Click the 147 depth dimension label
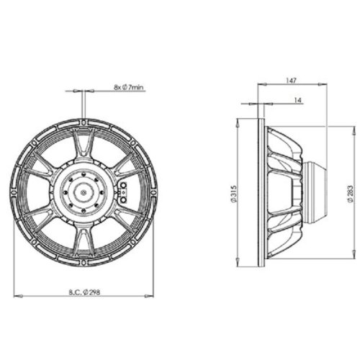click(x=292, y=80)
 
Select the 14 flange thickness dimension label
click(x=298, y=100)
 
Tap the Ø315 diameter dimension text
click(x=234, y=194)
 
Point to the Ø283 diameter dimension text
click(x=350, y=194)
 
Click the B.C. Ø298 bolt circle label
click(x=84, y=292)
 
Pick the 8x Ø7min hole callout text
click(x=129, y=87)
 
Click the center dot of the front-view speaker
click(x=84, y=192)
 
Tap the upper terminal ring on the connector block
click(x=124, y=185)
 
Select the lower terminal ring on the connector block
click(x=124, y=200)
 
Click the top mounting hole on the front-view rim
click(x=84, y=122)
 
